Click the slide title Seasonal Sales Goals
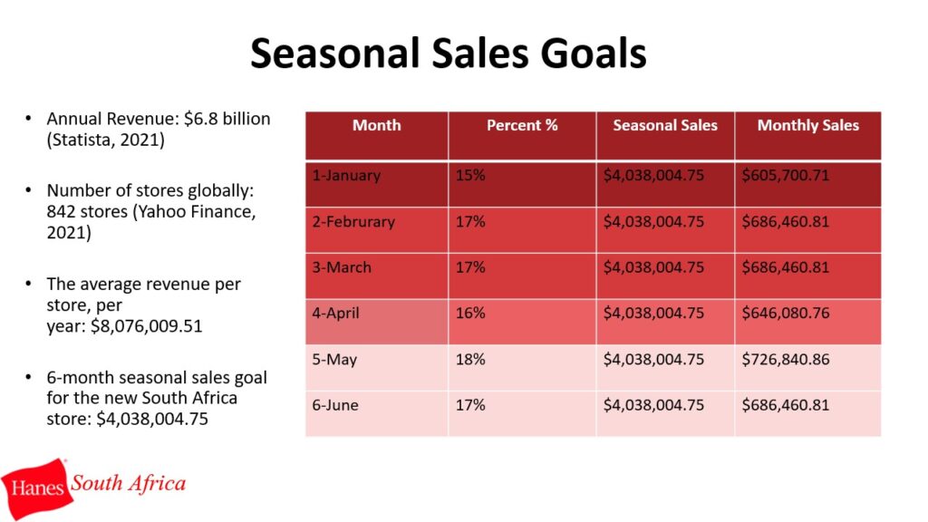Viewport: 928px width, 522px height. [448, 53]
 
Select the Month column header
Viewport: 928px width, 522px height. [376, 125]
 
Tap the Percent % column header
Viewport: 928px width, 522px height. [522, 125]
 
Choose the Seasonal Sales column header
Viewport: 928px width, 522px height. [664, 125]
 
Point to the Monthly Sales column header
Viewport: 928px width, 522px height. [807, 125]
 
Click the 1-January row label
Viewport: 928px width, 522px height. [346, 175]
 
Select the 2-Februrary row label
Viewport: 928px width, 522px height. [353, 221]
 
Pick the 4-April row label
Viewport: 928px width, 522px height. [335, 313]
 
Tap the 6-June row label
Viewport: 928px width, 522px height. [335, 405]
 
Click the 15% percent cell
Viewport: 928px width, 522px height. [470, 175]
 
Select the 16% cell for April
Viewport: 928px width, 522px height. [470, 313]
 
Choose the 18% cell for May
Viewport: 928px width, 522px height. [470, 359]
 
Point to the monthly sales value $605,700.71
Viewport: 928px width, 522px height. [786, 175]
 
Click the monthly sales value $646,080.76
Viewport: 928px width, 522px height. [786, 313]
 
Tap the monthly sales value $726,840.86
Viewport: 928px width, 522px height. [786, 359]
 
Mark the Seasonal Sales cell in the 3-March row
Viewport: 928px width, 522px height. [653, 267]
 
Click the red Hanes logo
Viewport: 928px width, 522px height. [36, 488]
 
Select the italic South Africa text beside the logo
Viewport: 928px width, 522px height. [129, 484]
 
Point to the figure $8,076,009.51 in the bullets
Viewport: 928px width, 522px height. [146, 326]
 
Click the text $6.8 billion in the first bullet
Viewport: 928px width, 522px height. [227, 119]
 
